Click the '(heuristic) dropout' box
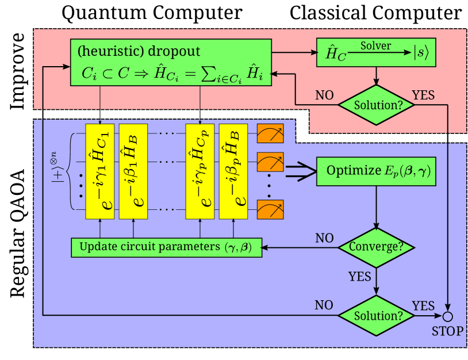pos(171,63)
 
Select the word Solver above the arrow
pos(375,46)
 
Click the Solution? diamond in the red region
pos(376,105)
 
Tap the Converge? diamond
pos(376,247)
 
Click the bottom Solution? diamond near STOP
pos(376,316)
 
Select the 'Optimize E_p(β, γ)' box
pos(376,171)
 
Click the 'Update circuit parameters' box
pos(166,247)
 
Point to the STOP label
pos(447,332)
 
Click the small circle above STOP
pos(447,316)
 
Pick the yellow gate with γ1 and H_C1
pos(100,171)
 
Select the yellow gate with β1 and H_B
pos(133,171)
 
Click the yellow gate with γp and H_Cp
pos(200,171)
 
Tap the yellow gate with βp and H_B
pos(233,171)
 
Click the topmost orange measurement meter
pos(270,134)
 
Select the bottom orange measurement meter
pos(270,209)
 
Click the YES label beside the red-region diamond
pos(423,95)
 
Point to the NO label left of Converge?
pos(325,238)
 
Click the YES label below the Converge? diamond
pos(360,277)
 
